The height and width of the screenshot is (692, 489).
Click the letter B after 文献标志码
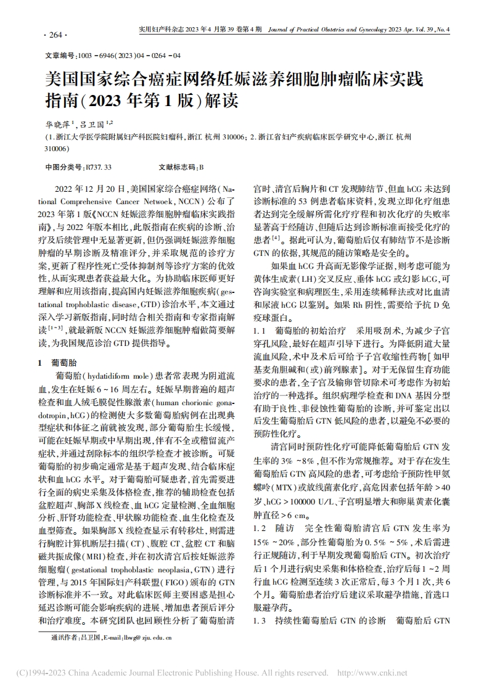(201, 167)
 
